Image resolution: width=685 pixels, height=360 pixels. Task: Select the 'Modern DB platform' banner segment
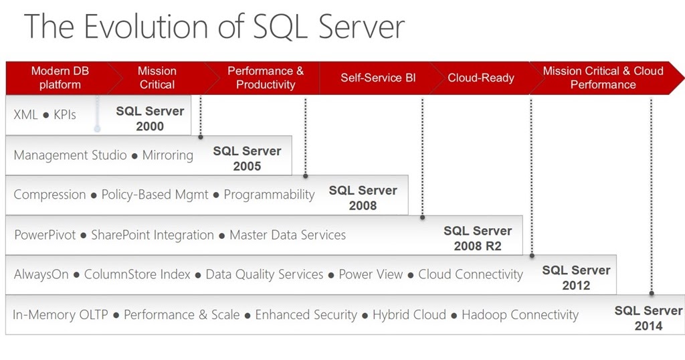pos(60,78)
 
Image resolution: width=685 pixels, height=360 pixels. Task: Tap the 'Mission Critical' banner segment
pos(157,78)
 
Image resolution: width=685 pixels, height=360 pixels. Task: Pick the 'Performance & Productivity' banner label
pos(266,78)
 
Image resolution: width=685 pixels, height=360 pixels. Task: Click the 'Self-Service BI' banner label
pos(378,78)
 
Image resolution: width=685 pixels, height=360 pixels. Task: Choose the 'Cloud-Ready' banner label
pos(481,78)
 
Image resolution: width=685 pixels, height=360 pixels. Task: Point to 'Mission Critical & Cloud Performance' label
pos(603,78)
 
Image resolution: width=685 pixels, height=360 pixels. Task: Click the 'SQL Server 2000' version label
pos(150,118)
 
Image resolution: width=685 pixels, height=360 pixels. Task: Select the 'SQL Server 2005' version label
pos(247,159)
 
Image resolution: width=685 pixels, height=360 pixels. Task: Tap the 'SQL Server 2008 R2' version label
pos(478,238)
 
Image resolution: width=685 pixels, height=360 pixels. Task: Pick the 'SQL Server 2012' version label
pos(576,278)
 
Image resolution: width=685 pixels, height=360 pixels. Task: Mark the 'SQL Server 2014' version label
pos(648,318)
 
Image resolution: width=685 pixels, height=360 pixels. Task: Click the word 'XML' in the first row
pos(26,115)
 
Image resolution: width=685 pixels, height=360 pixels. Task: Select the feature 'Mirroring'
pos(168,155)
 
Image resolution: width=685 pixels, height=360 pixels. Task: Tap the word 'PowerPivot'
pos(45,235)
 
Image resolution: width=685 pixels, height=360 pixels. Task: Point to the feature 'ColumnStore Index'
pos(137,274)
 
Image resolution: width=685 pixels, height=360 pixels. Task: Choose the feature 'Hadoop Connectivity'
pos(520,314)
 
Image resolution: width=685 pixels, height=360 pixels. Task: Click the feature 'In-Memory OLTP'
pos(60,314)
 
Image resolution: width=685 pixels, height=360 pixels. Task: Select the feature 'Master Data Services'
pos(288,235)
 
